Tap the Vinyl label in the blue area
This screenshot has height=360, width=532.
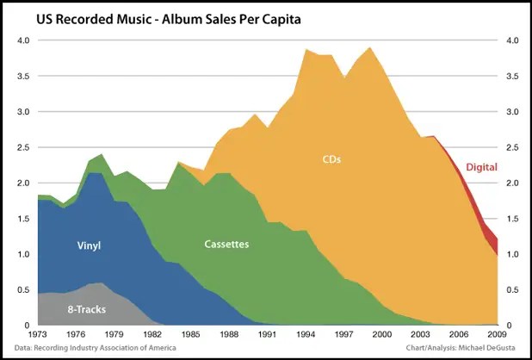click(88, 245)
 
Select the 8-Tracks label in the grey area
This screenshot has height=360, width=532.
click(86, 307)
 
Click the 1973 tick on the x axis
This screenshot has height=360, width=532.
click(39, 335)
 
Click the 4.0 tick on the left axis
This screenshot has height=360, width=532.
click(23, 40)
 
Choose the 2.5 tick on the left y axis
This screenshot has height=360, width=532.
click(23, 147)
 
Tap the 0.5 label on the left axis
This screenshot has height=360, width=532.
click(23, 289)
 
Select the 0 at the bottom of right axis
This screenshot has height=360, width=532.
click(511, 325)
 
